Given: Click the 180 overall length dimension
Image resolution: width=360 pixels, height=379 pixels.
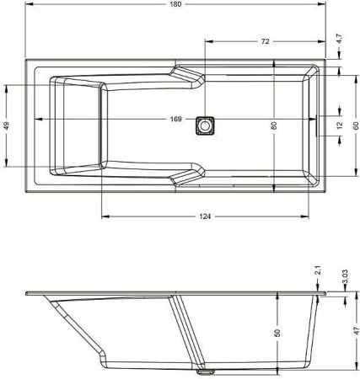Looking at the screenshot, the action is coord(175,4).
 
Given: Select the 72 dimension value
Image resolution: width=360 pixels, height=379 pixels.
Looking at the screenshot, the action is coord(265,41).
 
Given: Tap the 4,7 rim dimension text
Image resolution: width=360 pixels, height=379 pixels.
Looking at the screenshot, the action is coord(340,39).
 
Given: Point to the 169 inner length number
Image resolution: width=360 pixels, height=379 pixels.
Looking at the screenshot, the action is coord(175,119).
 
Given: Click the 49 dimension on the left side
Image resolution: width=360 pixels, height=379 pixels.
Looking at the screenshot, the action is coord(7,125).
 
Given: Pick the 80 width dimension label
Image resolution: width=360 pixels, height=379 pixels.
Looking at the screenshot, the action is coord(274,125).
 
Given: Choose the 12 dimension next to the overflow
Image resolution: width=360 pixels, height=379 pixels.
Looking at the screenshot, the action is coord(340,125).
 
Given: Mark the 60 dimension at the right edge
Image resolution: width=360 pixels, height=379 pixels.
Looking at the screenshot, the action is coord(356,125).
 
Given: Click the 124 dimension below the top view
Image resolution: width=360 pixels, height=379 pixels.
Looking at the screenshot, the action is coord(205,216).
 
